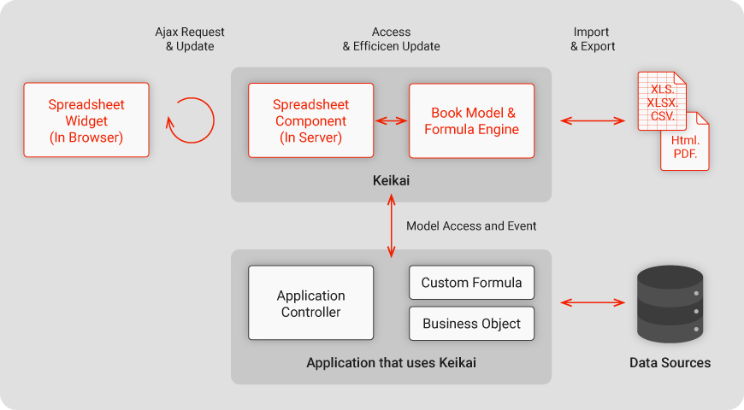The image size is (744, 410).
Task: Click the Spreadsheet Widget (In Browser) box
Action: coord(86,120)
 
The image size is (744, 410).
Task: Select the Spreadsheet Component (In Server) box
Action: coord(310,120)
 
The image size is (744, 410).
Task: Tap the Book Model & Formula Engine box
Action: coord(472,121)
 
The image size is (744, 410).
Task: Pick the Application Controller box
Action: coord(310,303)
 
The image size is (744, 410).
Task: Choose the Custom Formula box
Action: coord(472,283)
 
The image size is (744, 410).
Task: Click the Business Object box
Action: coord(472,323)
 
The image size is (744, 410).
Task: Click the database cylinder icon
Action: coord(670,304)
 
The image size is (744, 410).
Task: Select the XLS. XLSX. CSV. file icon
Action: coord(662,101)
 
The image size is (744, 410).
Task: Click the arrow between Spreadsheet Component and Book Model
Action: coord(392,121)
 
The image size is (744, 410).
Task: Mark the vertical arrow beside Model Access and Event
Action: coord(392,226)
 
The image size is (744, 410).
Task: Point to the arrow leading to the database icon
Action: coord(593,302)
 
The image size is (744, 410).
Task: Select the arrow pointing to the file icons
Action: coord(593,121)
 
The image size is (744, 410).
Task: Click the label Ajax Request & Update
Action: coord(189,39)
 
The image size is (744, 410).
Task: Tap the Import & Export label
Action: coord(592,39)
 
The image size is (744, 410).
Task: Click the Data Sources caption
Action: coord(670,363)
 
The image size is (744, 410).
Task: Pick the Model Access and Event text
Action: coord(471,225)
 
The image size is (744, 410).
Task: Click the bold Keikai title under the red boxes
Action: coord(391,180)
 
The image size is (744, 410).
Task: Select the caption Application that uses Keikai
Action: coord(391,363)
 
